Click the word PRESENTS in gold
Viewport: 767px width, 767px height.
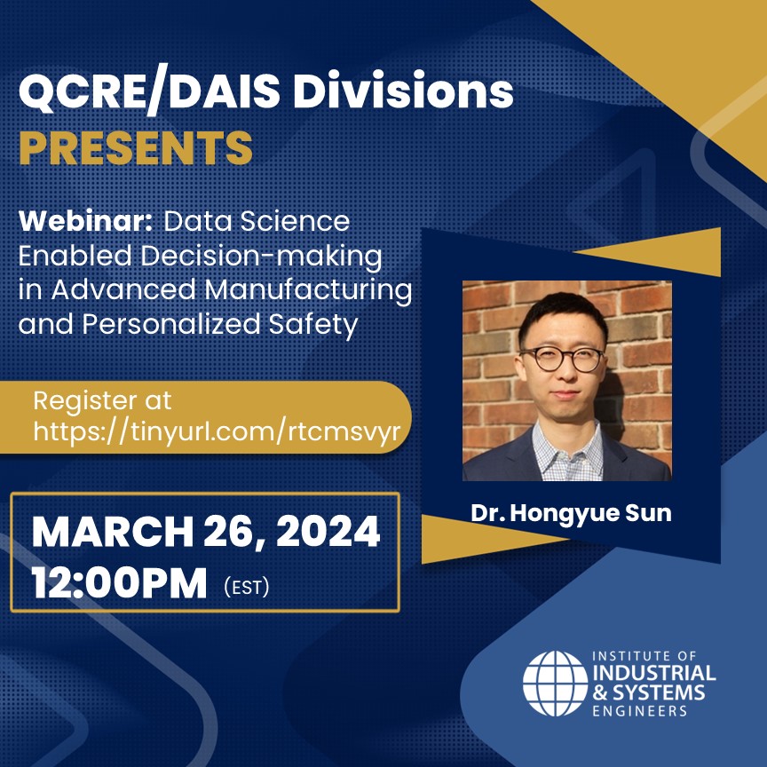[136, 147]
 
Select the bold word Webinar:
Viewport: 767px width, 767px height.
[87, 221]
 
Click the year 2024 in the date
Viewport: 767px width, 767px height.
[328, 531]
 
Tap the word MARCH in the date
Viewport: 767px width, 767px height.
[113, 531]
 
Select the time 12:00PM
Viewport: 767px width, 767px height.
[119, 582]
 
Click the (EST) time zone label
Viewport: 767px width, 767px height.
[247, 587]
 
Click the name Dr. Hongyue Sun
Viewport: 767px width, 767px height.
[571, 512]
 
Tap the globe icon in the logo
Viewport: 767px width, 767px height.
[555, 683]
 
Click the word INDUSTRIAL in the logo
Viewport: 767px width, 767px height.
[654, 674]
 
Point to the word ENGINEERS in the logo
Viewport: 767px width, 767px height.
[640, 710]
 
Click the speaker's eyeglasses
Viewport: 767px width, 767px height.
[563, 359]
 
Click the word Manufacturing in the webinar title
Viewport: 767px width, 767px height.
[308, 289]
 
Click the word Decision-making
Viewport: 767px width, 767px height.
[262, 257]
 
